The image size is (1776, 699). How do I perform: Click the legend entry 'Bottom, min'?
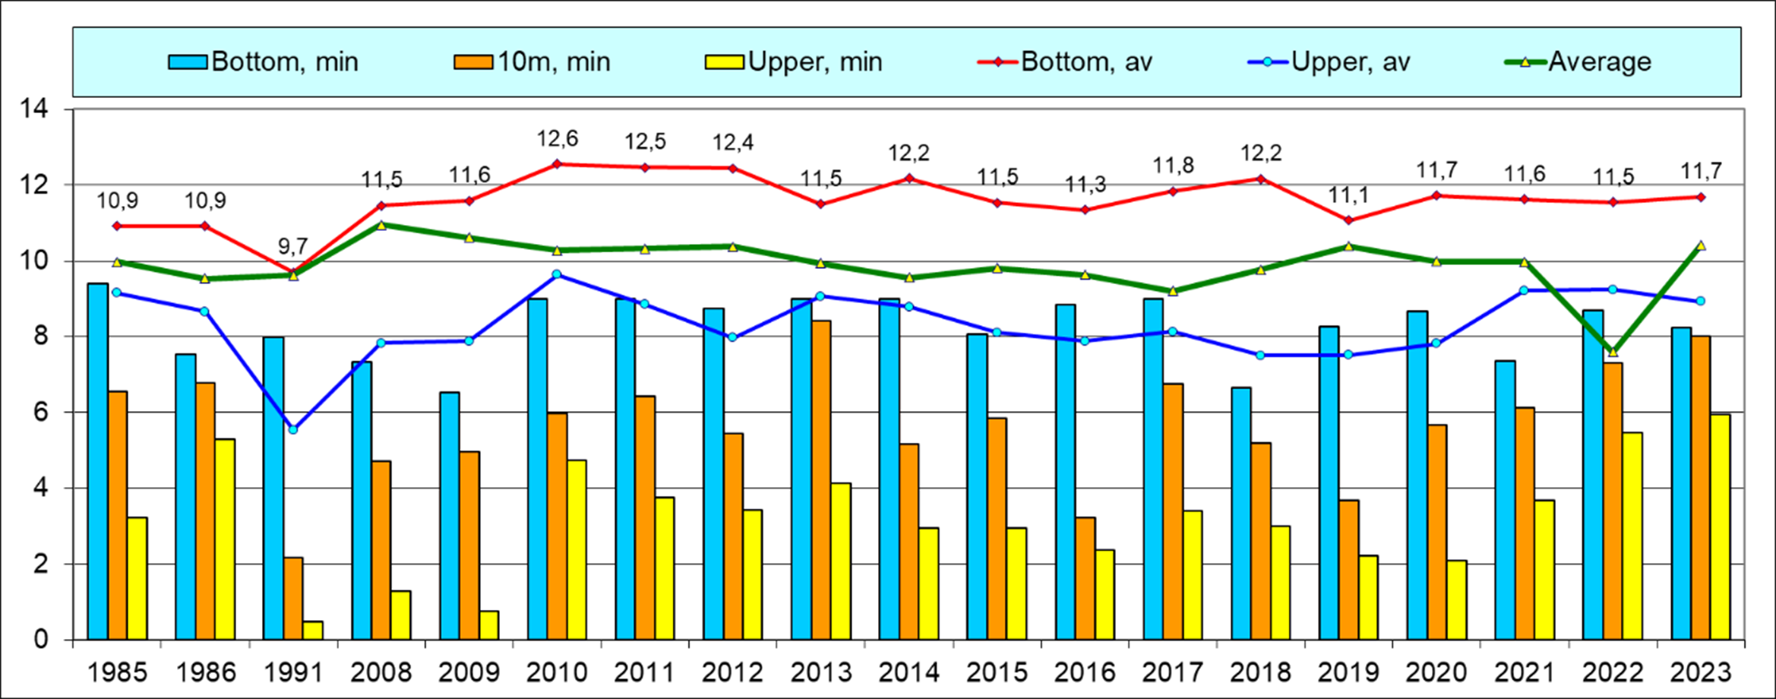point(264,62)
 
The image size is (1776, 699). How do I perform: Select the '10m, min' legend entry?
point(532,62)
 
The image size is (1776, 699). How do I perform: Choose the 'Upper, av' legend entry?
point(1329,62)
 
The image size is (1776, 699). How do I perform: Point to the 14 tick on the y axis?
point(34,109)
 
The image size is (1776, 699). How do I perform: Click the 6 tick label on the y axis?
point(39,413)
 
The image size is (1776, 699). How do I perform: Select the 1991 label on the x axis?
point(293,672)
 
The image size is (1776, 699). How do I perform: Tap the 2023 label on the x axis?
point(1701,672)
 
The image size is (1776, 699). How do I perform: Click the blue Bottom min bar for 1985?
point(98,460)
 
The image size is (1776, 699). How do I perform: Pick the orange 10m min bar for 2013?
point(821,479)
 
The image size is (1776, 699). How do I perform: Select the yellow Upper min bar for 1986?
point(225,539)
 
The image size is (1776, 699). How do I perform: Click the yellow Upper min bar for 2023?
point(1721,527)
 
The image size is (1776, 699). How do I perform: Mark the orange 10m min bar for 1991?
point(293,598)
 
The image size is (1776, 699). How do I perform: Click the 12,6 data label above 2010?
point(558,139)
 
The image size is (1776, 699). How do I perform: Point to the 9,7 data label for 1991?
point(292,246)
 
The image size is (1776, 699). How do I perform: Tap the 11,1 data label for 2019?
point(1348,196)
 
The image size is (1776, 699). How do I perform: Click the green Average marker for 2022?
point(1613,352)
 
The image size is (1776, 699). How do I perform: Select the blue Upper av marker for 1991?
point(293,430)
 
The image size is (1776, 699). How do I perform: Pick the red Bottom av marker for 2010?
point(557,163)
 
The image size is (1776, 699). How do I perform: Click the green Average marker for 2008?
point(381,225)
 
